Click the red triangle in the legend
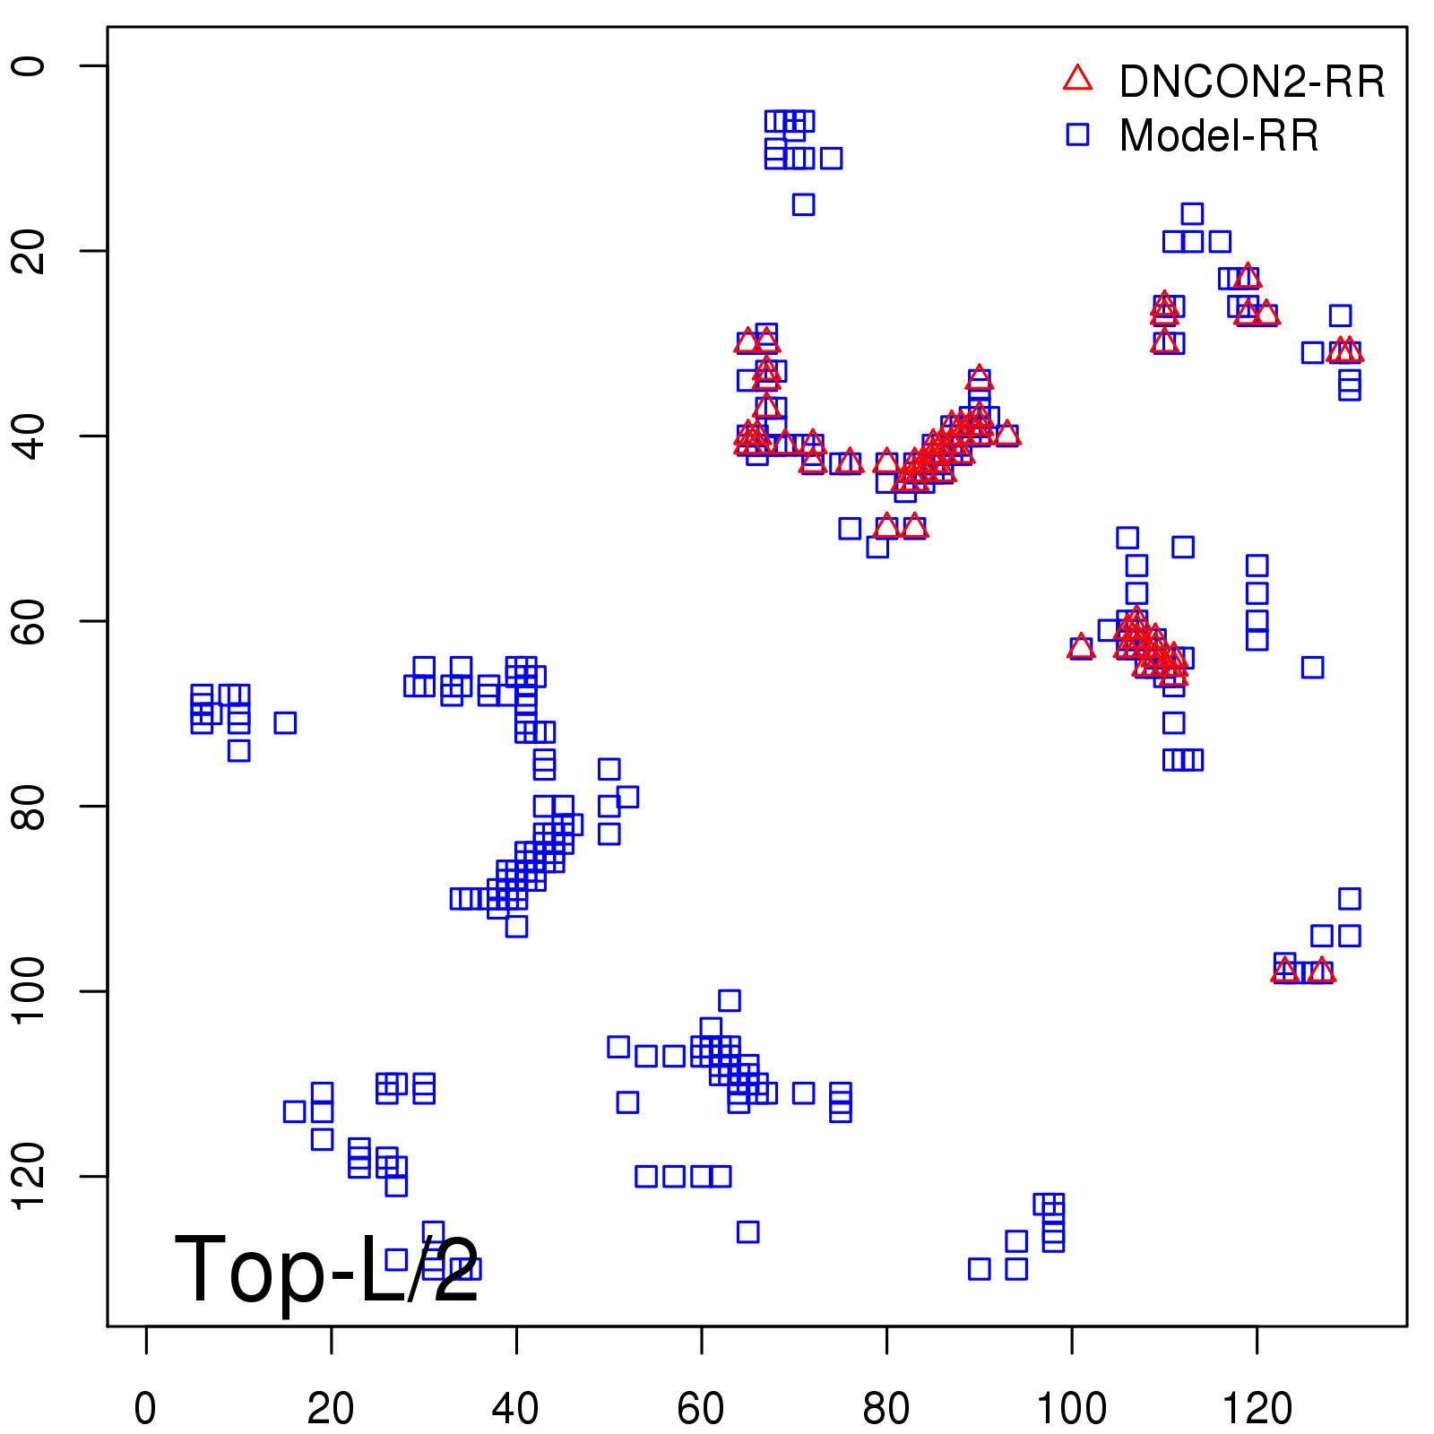pos(1077,79)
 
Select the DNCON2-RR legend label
pos(1252,82)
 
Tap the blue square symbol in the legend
pos(1077,134)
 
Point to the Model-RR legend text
pos(1219,136)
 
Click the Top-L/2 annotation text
pos(327,1269)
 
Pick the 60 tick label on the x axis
pos(701,1409)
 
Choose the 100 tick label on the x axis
pos(1072,1409)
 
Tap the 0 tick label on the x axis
pos(145,1409)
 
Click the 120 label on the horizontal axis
pos(1257,1409)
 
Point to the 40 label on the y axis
pos(30,436)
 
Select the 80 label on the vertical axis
pos(30,806)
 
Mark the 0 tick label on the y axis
pos(30,65)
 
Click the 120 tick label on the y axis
pos(30,1176)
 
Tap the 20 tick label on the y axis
pos(30,250)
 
